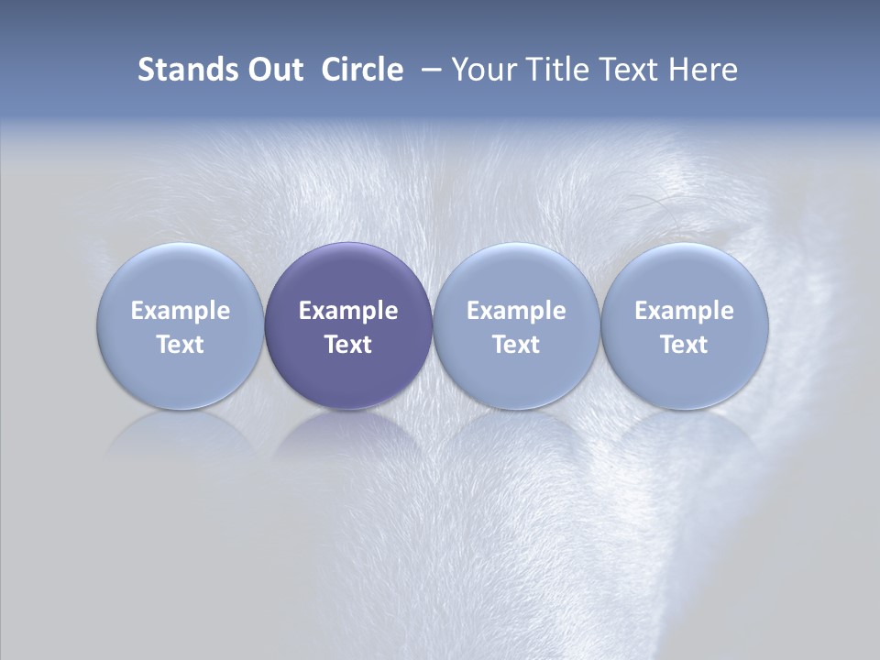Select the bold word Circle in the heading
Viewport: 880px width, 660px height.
click(x=362, y=70)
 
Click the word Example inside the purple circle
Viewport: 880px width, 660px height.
click(x=348, y=311)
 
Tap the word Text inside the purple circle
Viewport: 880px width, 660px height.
click(x=348, y=345)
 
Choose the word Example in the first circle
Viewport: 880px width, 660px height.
click(x=181, y=311)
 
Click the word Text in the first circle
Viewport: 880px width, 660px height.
click(x=181, y=345)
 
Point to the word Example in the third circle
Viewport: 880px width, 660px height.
click(x=516, y=311)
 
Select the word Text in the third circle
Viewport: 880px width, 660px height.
click(x=516, y=345)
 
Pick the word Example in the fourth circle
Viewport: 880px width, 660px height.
click(x=685, y=311)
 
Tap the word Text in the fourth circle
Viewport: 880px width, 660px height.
click(x=685, y=345)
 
